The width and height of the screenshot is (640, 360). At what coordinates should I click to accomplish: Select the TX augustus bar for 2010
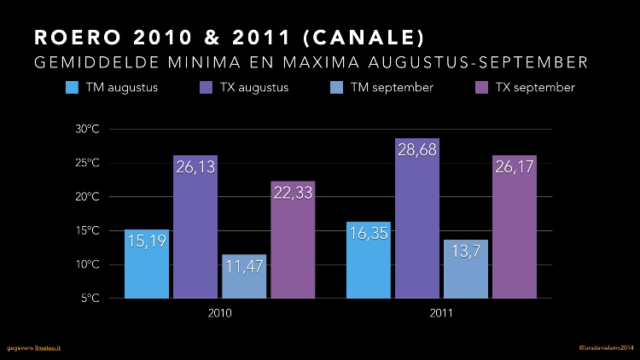click(x=195, y=230)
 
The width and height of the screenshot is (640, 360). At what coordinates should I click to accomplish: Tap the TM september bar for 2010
click(x=244, y=277)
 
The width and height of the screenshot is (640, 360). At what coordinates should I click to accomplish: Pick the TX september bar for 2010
click(x=294, y=243)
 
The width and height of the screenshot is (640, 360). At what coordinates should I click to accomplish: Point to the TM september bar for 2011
click(x=466, y=270)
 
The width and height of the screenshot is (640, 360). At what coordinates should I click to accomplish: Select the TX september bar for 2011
click(x=515, y=230)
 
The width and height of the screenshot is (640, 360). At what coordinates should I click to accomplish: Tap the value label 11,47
click(x=244, y=266)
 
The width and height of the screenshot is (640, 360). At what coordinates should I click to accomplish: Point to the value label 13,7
click(x=466, y=252)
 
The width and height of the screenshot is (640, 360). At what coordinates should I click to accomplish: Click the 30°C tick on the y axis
click(x=88, y=129)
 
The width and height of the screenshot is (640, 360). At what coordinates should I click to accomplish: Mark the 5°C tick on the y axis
click(x=91, y=299)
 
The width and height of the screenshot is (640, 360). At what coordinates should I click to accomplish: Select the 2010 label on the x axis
click(x=220, y=313)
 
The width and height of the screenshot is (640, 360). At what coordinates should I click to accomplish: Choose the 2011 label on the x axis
click(x=441, y=313)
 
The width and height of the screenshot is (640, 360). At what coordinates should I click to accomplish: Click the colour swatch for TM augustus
click(x=73, y=88)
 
